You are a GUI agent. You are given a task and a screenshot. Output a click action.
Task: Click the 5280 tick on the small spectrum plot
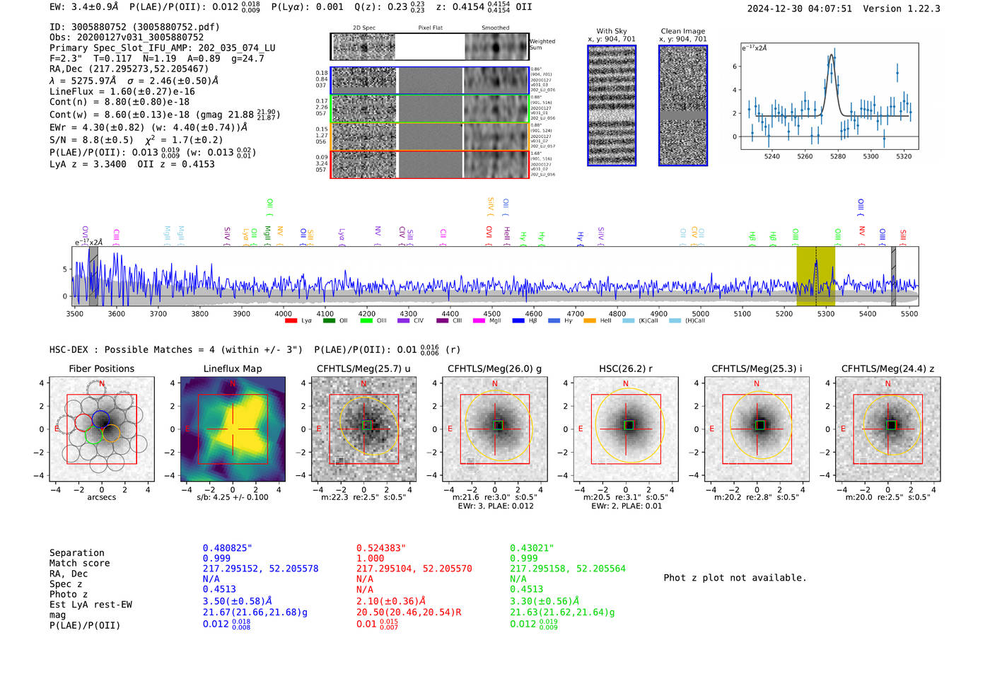(x=838, y=156)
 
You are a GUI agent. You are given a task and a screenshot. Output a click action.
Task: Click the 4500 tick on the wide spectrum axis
(x=491, y=313)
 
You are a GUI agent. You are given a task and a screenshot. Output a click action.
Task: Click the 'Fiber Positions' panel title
(x=101, y=368)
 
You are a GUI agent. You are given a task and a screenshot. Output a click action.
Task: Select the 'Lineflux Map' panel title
(x=232, y=368)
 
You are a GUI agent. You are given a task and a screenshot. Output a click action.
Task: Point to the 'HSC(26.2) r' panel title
(x=625, y=368)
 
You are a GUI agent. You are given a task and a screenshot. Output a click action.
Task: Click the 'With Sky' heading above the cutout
(x=611, y=31)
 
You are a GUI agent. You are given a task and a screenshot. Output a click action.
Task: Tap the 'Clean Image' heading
(x=682, y=31)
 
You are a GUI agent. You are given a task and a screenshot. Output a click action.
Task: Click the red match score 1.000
(x=371, y=558)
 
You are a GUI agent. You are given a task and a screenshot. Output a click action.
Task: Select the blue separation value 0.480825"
(x=227, y=548)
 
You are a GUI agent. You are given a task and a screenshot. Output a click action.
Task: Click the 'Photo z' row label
(x=68, y=594)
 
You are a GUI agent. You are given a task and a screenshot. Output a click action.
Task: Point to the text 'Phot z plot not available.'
(x=735, y=578)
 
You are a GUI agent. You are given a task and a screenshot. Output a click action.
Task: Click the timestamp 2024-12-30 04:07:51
(x=799, y=8)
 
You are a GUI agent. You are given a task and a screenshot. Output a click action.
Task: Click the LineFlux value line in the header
(x=122, y=91)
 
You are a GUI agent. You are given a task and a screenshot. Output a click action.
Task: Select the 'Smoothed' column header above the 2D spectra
(x=495, y=28)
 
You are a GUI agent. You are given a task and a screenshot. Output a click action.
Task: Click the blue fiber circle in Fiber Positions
(x=100, y=418)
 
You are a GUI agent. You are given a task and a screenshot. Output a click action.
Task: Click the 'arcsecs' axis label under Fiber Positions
(x=101, y=497)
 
